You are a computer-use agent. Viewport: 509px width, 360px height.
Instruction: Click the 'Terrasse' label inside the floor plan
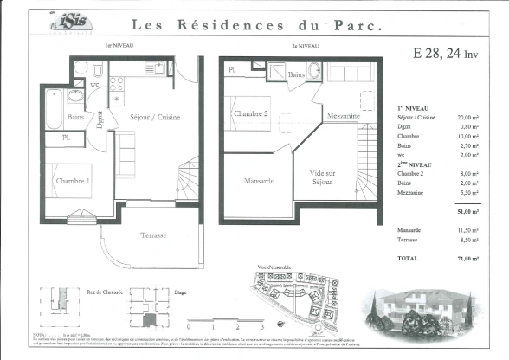(x=154, y=235)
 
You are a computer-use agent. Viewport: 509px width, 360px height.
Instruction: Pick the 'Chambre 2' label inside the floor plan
(x=250, y=113)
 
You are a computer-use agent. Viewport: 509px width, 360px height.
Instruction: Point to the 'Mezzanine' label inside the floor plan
(x=343, y=116)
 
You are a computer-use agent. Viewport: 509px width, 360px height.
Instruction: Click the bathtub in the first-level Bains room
(x=54, y=108)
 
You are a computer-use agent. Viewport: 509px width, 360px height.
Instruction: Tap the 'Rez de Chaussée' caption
(x=105, y=293)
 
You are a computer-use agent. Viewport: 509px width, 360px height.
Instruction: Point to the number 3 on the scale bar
(x=260, y=329)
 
